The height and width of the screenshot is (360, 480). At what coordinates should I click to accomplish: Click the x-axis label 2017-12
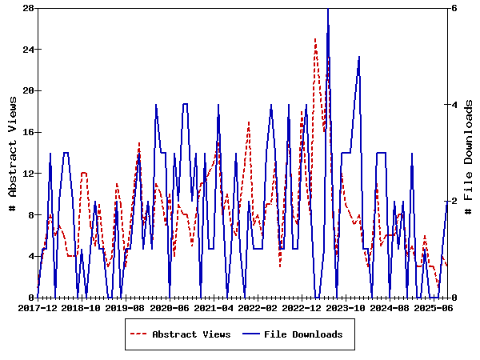[x=38, y=307]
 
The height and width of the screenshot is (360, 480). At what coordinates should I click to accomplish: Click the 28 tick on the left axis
[x=27, y=8]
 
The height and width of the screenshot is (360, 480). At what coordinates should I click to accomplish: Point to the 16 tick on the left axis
[x=27, y=132]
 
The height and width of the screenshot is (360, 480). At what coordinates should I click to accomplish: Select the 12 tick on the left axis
[x=27, y=174]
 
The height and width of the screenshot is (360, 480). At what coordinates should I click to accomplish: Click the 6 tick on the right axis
[x=454, y=8]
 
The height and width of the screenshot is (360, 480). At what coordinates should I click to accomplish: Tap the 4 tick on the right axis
[x=454, y=105]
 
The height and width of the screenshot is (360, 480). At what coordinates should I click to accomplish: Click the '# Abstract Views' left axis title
[x=12, y=153]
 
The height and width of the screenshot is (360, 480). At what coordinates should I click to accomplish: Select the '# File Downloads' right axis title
[x=469, y=153]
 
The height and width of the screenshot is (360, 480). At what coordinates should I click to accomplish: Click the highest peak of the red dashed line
[x=315, y=38]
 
